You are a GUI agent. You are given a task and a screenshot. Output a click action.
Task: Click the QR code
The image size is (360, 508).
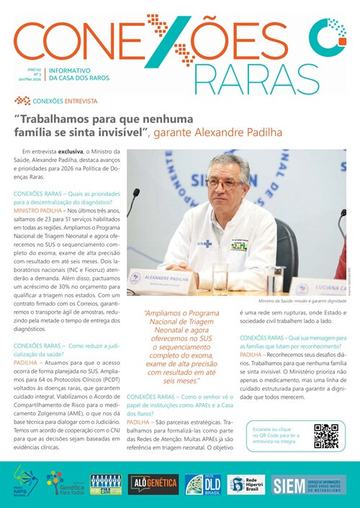[326, 436]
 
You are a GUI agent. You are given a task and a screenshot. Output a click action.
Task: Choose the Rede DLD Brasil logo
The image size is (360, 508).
[198, 484]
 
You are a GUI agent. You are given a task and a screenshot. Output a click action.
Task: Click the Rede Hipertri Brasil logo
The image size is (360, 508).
[246, 484]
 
